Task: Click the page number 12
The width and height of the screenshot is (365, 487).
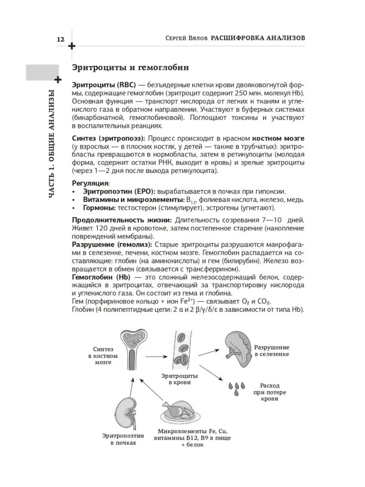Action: (x=61, y=38)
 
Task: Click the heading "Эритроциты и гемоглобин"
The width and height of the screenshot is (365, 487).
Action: (x=130, y=67)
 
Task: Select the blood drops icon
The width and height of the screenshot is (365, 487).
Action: (x=237, y=388)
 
